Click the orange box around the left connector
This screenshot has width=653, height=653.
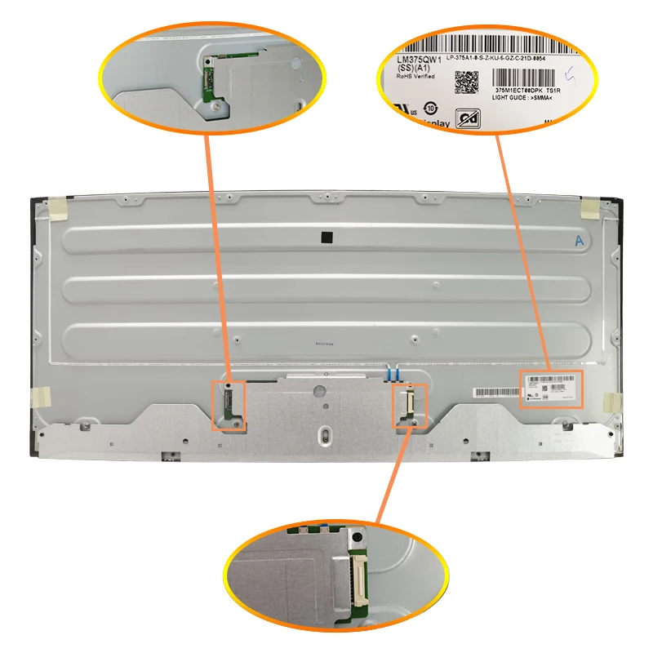[x=229, y=405]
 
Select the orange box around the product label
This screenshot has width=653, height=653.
[x=551, y=389]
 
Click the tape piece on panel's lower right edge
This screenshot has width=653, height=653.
[x=610, y=402]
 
